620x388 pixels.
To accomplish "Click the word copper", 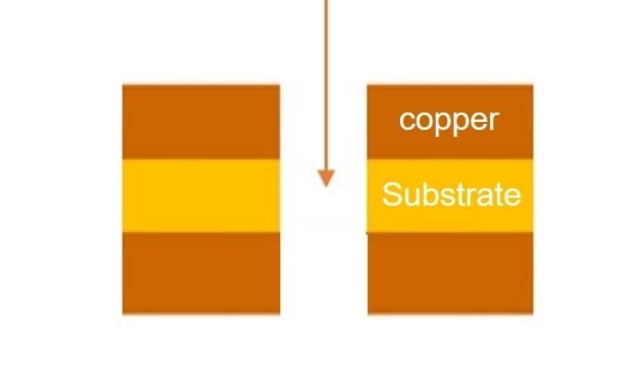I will pyautogui.click(x=449, y=119).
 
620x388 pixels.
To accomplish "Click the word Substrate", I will pyautogui.click(x=451, y=194).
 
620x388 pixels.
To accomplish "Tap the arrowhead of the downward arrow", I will pyautogui.click(x=326, y=178).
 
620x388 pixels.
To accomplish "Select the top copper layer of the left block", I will pyautogui.click(x=201, y=121).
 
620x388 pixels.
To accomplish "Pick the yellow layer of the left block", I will pyautogui.click(x=201, y=195).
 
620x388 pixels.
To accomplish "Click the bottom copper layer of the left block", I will pyautogui.click(x=201, y=272).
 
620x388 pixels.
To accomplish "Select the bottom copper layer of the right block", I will pyautogui.click(x=450, y=272).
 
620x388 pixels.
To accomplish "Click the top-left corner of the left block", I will pyautogui.click(x=123, y=85).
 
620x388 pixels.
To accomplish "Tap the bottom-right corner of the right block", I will pyautogui.click(x=532, y=312).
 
